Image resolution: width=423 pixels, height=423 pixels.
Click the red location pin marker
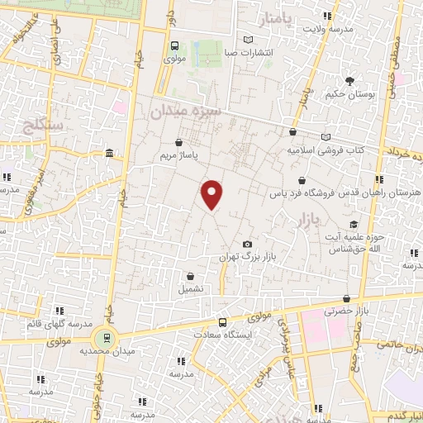click(212, 195)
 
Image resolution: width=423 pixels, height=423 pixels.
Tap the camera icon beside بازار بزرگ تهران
click(248, 245)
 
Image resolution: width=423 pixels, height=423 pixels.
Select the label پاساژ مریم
click(179, 154)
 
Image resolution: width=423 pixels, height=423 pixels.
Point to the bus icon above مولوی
click(174, 46)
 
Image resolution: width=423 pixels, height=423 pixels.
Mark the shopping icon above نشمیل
click(191, 277)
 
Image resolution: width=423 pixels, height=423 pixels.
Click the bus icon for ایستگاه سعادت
click(222, 322)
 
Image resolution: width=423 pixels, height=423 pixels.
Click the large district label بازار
click(306, 221)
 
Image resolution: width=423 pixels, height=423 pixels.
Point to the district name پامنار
click(275, 17)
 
